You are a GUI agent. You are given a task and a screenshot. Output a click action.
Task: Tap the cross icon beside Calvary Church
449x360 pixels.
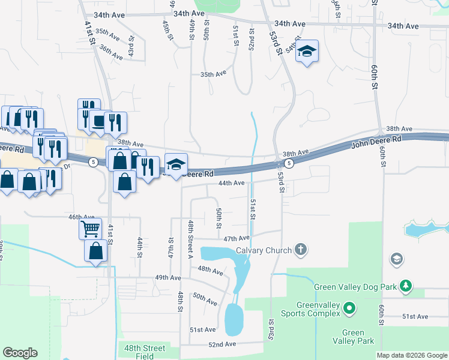pos(301,250)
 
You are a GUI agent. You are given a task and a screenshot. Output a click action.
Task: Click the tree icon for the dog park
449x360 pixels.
pos(406,286)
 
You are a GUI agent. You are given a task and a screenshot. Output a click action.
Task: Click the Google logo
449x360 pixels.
pos(20,353)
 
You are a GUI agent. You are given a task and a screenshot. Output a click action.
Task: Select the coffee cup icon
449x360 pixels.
pos(98,121)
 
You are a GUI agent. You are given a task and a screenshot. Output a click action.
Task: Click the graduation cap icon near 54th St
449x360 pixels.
pos(307,51)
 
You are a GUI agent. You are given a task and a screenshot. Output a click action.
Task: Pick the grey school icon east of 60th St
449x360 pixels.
pos(396,259)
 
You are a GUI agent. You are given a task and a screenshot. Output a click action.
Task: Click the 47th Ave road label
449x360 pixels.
pos(236,238)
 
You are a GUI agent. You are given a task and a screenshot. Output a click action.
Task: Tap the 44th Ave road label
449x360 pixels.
pos(231,182)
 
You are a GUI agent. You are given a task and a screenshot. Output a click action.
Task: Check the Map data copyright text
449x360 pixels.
pos(411,355)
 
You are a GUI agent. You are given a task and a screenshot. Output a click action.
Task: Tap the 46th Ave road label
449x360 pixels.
pos(82,217)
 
